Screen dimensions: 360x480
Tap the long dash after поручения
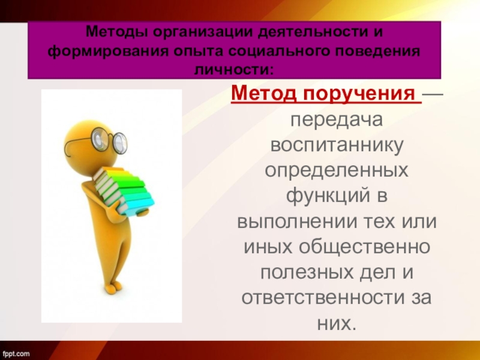434,94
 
